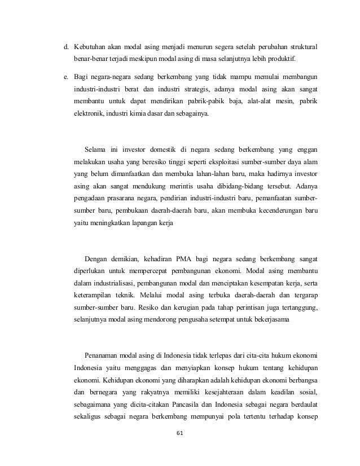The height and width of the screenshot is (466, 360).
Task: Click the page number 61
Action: [180, 433]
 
